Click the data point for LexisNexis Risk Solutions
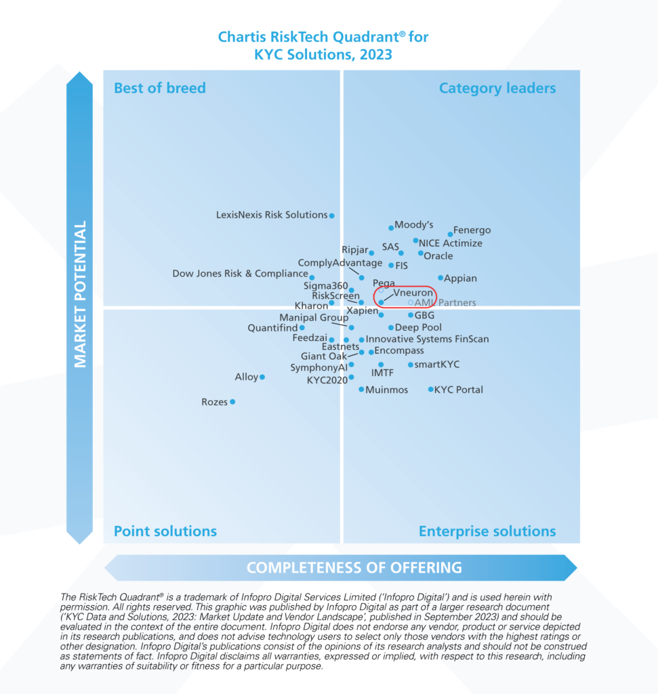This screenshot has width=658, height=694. point(332,216)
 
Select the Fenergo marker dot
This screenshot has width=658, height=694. point(450,234)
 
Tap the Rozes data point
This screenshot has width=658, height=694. point(232,402)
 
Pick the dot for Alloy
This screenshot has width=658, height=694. point(262,377)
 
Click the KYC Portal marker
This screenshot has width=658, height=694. point(431,390)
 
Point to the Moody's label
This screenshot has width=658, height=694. point(414,224)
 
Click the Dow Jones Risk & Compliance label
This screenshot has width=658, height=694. point(240,274)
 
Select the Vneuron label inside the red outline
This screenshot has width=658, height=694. point(413,293)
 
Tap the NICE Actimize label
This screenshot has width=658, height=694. point(451,243)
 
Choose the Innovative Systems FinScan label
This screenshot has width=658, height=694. point(427,339)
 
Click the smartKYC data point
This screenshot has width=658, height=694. point(411,365)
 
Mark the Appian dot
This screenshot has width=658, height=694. point(440,278)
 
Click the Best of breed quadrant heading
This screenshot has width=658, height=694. point(159,88)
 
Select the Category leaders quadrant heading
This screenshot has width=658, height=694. point(497,88)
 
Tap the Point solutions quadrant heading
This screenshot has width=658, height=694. point(165,531)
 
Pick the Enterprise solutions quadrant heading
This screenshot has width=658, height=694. point(487,531)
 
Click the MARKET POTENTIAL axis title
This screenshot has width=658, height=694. point(81,294)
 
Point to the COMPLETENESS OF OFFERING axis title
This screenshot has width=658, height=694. point(354,567)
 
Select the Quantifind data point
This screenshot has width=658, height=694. point(302,328)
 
